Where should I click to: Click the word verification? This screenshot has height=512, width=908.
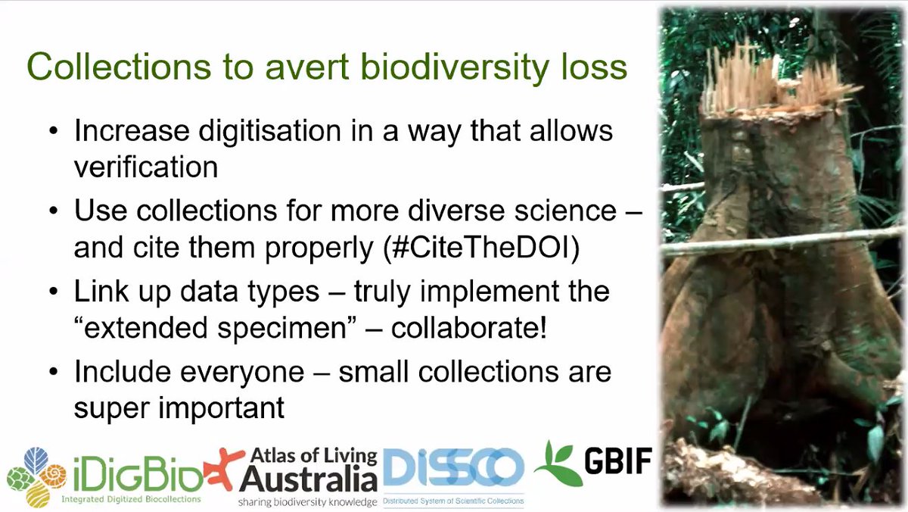click(145, 167)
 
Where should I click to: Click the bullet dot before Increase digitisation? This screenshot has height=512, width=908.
click(53, 131)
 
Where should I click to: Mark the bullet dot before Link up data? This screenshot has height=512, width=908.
click(53, 292)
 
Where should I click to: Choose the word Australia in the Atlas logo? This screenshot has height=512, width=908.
click(308, 478)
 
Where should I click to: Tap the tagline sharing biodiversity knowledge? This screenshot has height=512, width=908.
click(306, 501)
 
